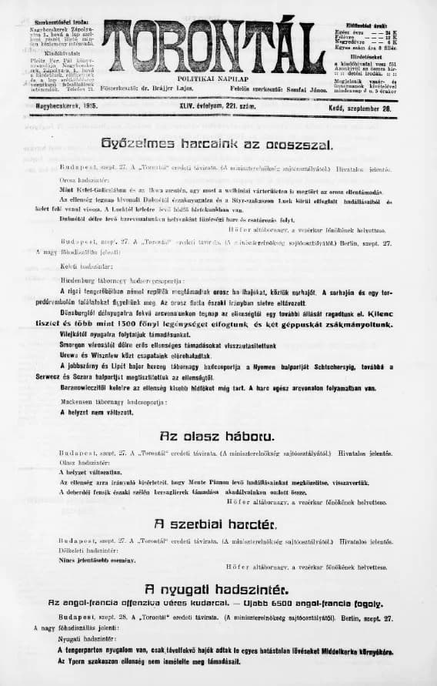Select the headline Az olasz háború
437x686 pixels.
coord(218,435)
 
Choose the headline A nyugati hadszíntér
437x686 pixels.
coord(218,590)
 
